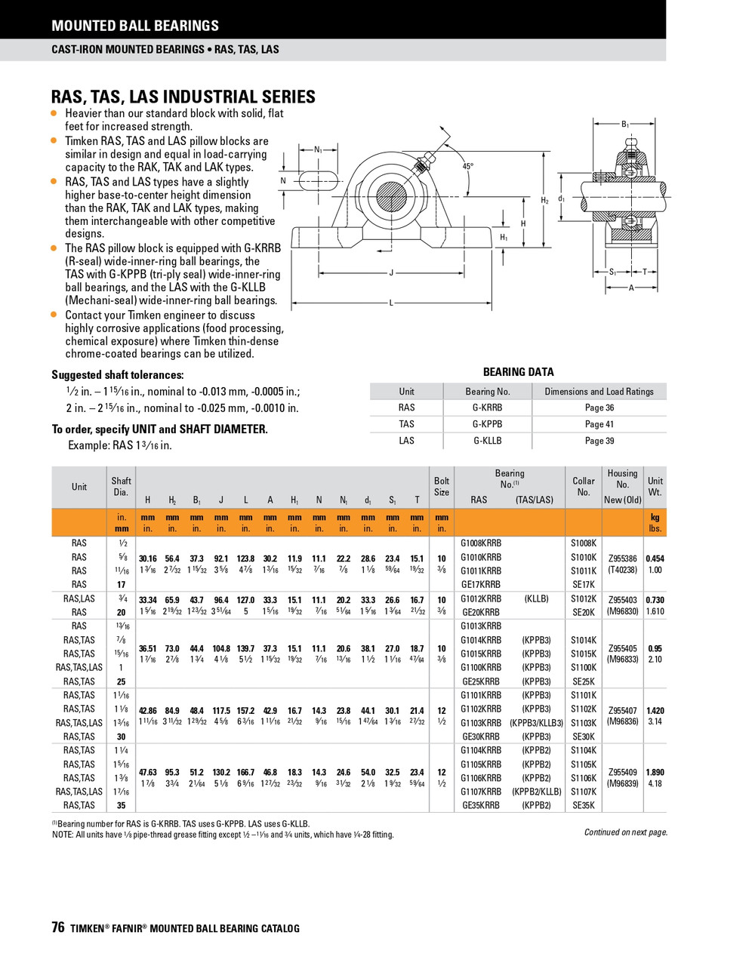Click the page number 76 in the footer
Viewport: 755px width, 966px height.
click(58, 928)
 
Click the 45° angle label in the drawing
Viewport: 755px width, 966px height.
click(468, 166)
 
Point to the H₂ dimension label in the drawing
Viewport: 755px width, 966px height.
click(545, 201)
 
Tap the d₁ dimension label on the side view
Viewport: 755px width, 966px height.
click(562, 199)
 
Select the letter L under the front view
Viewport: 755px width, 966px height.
click(391, 303)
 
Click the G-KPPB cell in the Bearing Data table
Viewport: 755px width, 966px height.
click(487, 424)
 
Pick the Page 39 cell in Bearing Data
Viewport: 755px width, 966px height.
click(599, 441)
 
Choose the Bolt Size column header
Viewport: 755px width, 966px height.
click(442, 487)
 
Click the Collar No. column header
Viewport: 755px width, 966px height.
click(584, 487)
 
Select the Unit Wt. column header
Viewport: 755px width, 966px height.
click(655, 487)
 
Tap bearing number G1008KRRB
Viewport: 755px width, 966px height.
click(481, 543)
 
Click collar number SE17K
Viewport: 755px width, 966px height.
click(584, 585)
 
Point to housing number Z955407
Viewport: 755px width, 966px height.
click(623, 711)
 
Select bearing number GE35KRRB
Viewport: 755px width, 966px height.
click(480, 806)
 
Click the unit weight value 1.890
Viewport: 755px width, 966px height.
click(655, 773)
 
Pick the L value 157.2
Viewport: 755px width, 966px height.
click(245, 711)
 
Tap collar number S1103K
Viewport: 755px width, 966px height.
click(584, 723)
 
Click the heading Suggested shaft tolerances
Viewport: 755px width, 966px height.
click(118, 375)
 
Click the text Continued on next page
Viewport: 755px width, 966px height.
click(626, 832)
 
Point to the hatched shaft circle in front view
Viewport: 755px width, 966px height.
click(391, 194)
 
